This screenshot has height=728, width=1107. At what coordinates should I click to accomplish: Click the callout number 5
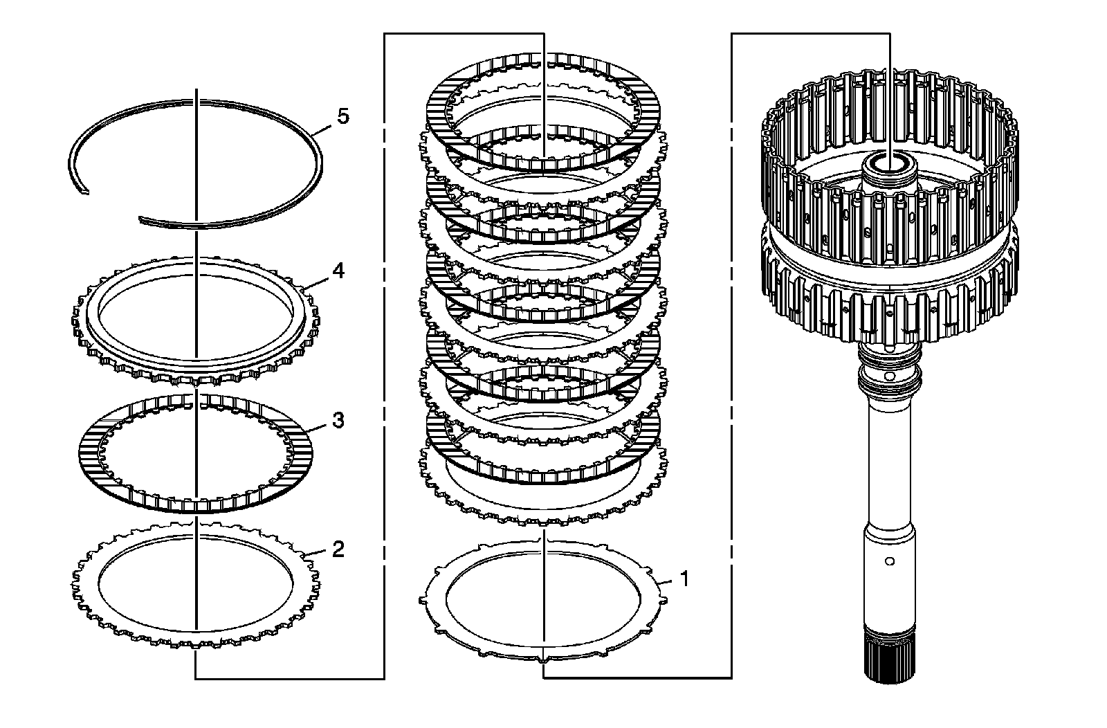click(343, 116)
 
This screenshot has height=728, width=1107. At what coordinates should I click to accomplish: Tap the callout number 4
click(338, 271)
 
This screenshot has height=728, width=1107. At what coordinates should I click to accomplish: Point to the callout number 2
click(337, 550)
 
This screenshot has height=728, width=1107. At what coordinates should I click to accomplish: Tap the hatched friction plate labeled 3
click(90, 450)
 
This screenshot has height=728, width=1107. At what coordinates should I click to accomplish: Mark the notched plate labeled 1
click(436, 609)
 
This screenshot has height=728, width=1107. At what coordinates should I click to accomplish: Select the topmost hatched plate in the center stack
click(443, 104)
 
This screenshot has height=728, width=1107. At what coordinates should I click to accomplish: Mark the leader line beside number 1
click(666, 582)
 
